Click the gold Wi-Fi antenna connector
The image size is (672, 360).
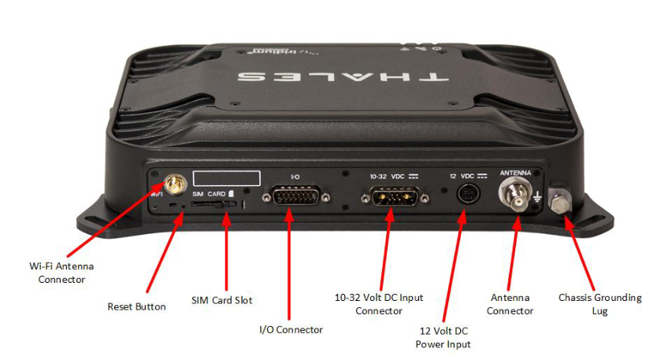174,184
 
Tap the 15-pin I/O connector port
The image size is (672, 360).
296,196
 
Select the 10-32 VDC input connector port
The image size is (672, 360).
395,196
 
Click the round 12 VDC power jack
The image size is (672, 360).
468,194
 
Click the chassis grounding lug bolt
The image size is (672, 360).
560,202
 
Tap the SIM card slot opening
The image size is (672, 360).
213,205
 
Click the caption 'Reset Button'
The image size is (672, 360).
137,307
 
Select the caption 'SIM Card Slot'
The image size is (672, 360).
222,300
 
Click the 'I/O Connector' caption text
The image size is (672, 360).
291,329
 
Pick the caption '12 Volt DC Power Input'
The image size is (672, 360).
444,337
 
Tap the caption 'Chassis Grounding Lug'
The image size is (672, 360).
600,304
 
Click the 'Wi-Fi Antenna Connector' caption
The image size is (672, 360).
61,273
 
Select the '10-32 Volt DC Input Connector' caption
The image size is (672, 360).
379,304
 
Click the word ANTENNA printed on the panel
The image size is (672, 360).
515,173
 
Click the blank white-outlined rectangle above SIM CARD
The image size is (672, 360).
227,178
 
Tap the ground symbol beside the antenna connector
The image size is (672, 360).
538,198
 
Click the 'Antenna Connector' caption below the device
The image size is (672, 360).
510,304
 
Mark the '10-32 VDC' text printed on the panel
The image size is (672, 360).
388,176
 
